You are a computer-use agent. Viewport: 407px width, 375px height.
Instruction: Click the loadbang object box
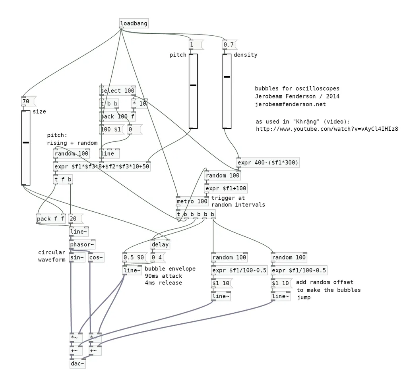point(134,23)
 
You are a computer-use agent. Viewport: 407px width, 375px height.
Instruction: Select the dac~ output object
point(78,363)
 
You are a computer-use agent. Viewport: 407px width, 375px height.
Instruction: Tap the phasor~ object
point(82,245)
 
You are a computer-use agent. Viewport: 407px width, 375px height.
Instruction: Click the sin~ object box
point(77,258)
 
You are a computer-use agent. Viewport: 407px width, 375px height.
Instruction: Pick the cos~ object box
point(96,258)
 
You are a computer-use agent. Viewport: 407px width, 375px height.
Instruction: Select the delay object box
point(160,245)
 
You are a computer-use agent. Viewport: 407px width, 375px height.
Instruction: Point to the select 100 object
point(118,91)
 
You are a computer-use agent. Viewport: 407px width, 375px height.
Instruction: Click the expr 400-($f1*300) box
point(268,162)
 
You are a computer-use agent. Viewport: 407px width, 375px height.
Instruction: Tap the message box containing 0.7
point(229,45)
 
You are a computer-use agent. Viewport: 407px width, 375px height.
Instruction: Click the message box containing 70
point(27,101)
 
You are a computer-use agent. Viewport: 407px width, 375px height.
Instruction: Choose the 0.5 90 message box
point(134,257)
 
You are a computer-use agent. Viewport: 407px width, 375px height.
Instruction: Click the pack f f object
point(50,219)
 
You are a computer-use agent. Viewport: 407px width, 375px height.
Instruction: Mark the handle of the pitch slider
point(193,85)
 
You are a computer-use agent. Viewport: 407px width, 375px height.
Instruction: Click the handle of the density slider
point(227,77)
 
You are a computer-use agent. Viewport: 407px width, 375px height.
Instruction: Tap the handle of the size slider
point(26,142)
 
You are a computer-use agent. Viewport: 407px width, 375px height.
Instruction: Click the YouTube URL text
point(327,129)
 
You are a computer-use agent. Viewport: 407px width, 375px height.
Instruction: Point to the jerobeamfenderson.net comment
point(290,104)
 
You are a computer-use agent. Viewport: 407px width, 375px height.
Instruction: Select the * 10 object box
point(139,104)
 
